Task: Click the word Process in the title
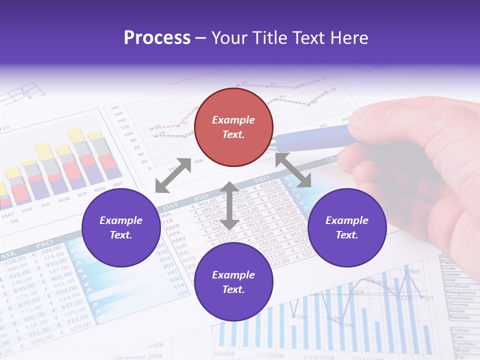(157, 37)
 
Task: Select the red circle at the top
(233, 127)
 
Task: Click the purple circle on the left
(120, 227)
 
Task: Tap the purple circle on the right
(346, 227)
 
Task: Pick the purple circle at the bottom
(233, 282)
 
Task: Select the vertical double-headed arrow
(229, 205)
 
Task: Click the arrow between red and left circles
(173, 175)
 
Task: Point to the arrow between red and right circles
(293, 170)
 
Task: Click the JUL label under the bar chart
(45, 204)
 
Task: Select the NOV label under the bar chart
(100, 189)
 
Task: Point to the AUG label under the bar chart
(64, 199)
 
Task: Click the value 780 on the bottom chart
(413, 272)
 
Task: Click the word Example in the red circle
(233, 120)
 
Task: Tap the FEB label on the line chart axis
(198, 161)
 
